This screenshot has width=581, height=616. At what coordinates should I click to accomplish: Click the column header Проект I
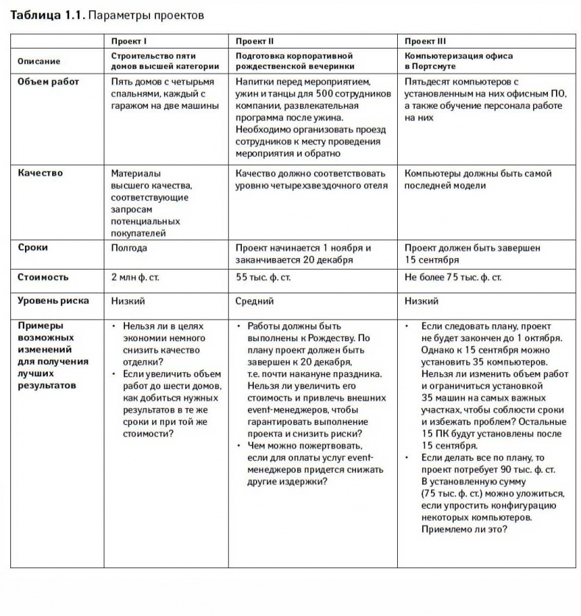pos(129,41)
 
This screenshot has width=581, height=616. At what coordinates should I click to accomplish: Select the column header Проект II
pos(255,41)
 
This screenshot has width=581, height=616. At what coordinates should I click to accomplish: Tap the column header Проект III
pos(425,41)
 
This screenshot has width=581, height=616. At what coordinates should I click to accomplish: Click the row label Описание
pos(39,61)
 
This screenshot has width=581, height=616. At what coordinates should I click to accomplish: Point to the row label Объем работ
pos(49,82)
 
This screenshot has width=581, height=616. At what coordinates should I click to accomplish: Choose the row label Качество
pos(40,173)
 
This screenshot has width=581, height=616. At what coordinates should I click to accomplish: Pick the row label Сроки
pos(33,248)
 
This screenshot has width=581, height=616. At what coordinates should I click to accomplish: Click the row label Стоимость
pos(43,277)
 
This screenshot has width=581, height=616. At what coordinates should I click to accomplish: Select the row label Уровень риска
pos(54,301)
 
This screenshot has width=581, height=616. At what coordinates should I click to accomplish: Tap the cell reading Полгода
pos(128,248)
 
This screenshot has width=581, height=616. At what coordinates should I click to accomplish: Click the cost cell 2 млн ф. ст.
pos(135,278)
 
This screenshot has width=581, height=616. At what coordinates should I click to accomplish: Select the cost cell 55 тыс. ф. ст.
pos(263,278)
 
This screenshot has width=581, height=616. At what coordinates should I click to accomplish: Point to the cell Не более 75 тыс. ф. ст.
pos(453,278)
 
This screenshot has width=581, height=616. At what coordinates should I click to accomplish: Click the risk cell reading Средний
pos(254,301)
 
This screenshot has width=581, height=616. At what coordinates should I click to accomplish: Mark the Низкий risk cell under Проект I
pos(128,301)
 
